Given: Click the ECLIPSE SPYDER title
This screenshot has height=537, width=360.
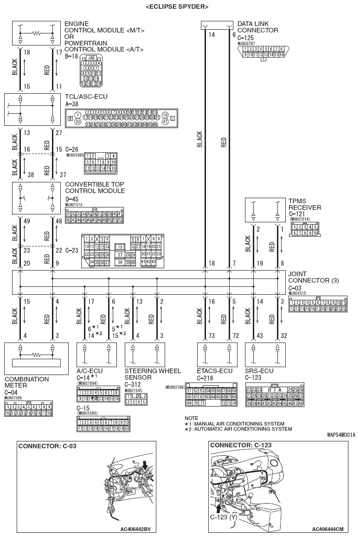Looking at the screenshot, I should pos(176,6).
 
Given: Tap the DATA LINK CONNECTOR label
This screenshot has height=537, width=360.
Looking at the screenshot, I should pos(257,27).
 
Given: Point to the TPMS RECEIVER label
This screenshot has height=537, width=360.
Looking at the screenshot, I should pos(304,204).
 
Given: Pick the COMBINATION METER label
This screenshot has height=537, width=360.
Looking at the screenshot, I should pos(26,382).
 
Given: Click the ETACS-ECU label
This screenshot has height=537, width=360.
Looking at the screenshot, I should pos(214,371).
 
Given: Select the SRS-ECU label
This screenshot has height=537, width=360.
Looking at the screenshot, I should pos(259,371).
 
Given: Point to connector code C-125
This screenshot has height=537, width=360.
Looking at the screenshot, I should pos(246,37).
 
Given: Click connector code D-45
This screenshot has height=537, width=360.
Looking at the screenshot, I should pos(72,199).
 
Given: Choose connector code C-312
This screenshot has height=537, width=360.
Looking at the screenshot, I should pos(133,384).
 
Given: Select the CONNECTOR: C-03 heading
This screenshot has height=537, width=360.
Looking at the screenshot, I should pos(47,446).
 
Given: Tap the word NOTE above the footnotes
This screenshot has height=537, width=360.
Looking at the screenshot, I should pos(191,418).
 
